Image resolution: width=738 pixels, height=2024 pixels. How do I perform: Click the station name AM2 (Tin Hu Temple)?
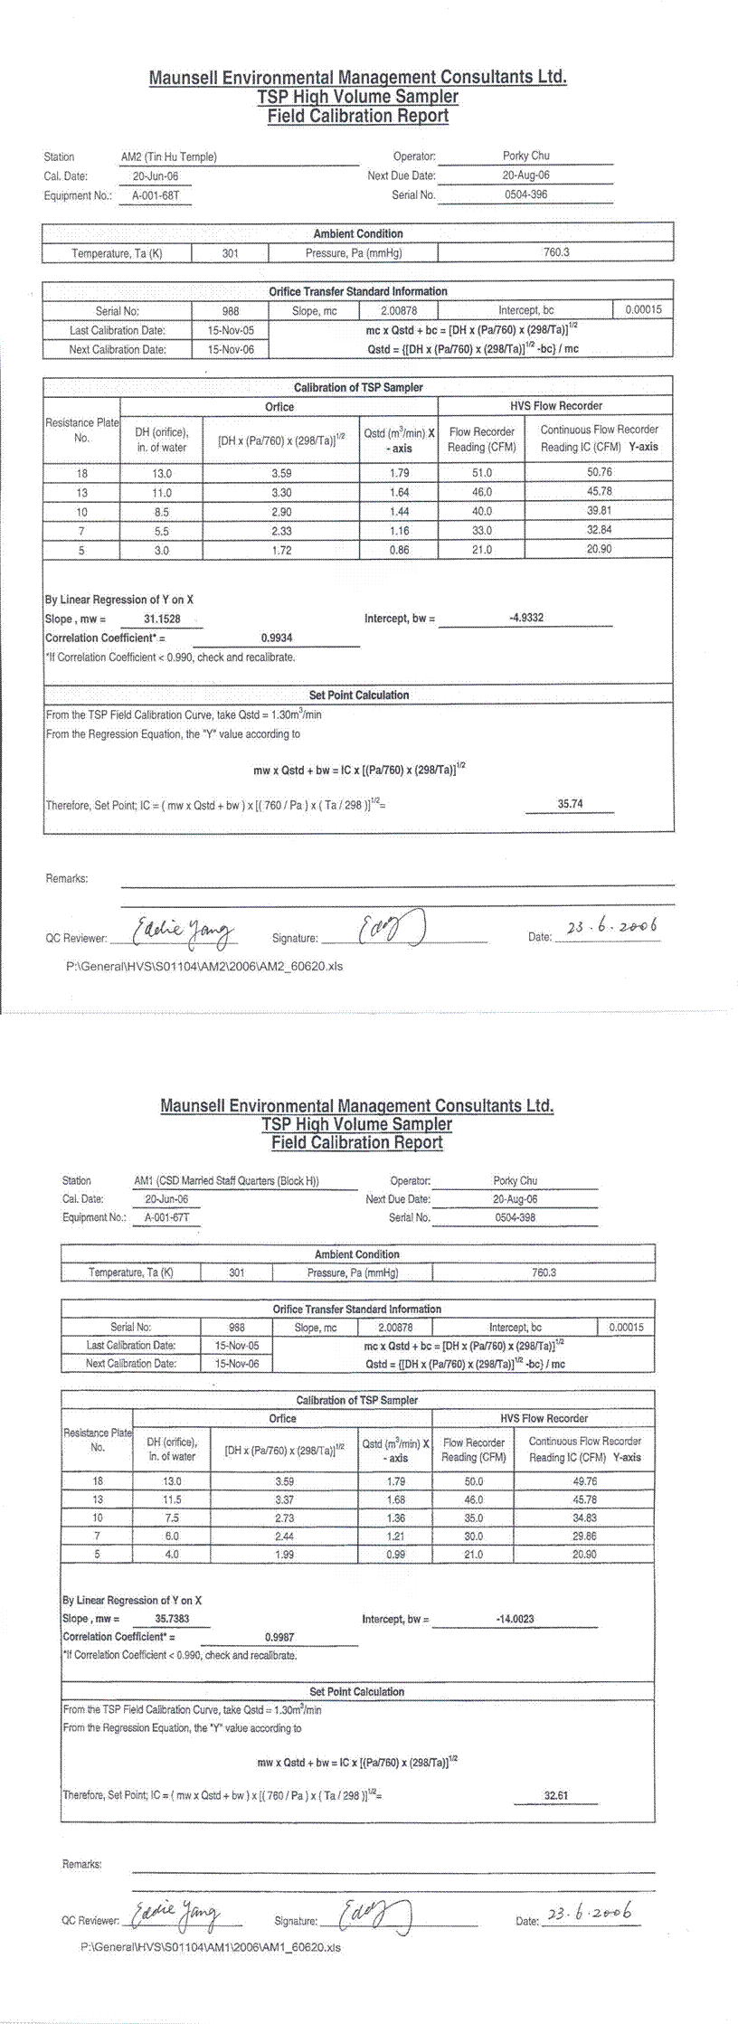tap(169, 156)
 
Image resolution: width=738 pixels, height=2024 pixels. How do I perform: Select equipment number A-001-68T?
tap(156, 195)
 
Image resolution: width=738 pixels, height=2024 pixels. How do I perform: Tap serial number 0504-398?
tap(515, 1217)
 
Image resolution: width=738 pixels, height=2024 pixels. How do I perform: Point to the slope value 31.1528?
tap(162, 619)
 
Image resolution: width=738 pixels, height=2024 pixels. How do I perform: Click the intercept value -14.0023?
tap(516, 1619)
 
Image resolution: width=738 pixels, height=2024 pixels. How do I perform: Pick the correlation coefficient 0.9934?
tap(277, 638)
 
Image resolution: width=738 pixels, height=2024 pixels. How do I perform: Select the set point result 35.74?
tap(570, 803)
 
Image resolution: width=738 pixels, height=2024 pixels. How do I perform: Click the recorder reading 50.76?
tap(599, 472)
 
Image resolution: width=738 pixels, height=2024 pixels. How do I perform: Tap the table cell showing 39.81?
tap(599, 511)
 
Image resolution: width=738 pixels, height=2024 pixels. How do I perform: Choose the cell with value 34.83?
tap(584, 1518)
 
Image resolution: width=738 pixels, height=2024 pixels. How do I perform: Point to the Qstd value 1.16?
tap(399, 531)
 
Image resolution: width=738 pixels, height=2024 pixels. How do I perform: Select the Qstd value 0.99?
tap(395, 1555)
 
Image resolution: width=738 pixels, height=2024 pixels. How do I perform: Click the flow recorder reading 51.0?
tap(482, 473)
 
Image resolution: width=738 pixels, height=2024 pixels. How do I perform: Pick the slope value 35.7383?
tap(172, 1619)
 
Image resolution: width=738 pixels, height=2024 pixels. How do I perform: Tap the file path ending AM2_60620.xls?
tap(204, 966)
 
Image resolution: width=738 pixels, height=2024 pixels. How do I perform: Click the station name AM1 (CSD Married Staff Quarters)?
tap(226, 1180)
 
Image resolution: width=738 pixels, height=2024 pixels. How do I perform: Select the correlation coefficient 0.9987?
tap(279, 1637)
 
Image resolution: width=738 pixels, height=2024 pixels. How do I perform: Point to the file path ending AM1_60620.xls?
tap(210, 1947)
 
